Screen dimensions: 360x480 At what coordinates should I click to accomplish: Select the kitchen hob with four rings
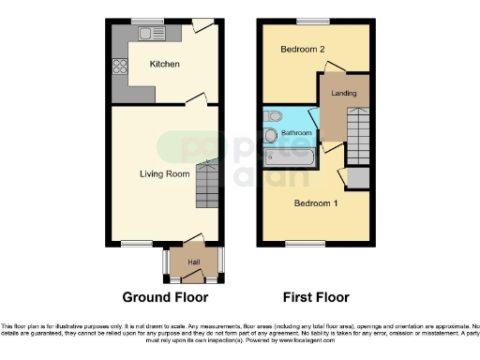(120, 67)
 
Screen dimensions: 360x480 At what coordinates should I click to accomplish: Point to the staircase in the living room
(207, 186)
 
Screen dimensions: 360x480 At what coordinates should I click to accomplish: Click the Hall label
(194, 262)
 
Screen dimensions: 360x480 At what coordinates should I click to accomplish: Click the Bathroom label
(296, 134)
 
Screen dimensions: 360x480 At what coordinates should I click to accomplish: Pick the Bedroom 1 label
(316, 202)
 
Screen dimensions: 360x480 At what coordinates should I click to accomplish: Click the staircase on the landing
(359, 126)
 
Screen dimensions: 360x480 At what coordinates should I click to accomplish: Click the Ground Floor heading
(164, 297)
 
